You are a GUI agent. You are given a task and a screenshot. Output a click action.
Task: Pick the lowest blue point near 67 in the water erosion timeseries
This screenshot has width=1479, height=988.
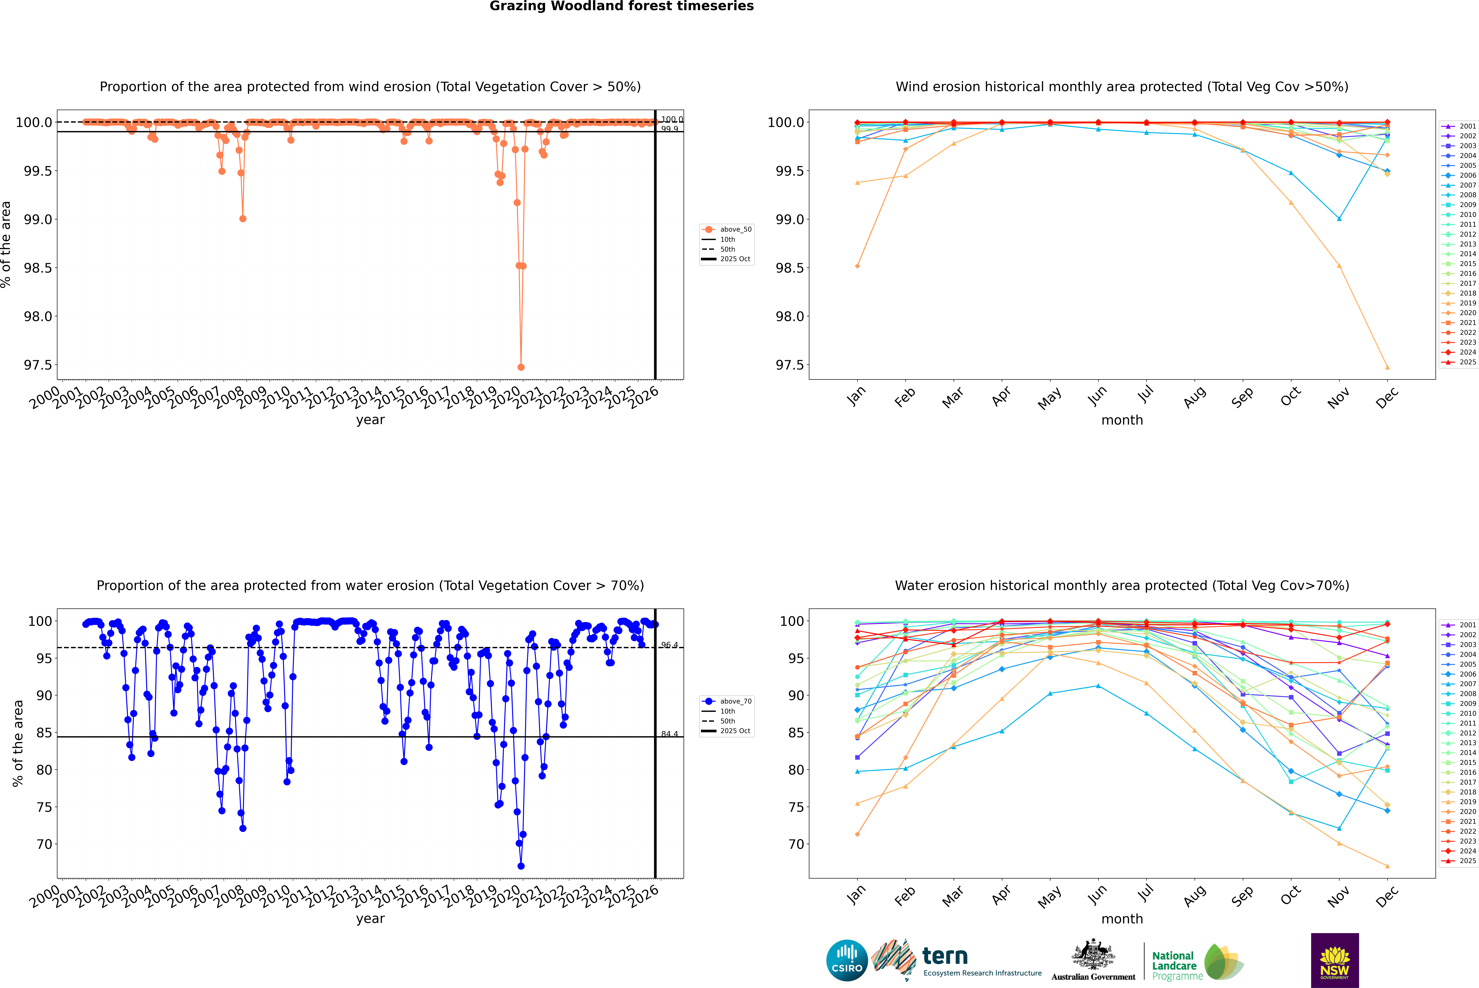coord(521,866)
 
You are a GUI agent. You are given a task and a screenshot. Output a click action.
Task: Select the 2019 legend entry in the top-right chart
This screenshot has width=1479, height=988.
coord(1467,303)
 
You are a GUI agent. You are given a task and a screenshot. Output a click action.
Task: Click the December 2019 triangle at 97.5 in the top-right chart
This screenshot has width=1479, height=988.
coord(1387,367)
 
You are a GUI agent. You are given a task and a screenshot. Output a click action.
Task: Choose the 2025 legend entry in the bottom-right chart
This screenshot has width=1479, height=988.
coord(1467,861)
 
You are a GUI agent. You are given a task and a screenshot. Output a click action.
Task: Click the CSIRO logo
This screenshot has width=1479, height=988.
coord(847,960)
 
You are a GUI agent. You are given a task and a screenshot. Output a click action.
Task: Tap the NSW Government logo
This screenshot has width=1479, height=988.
coord(1335,960)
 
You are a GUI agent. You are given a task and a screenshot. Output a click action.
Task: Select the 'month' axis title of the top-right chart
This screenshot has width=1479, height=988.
coord(1121,420)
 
